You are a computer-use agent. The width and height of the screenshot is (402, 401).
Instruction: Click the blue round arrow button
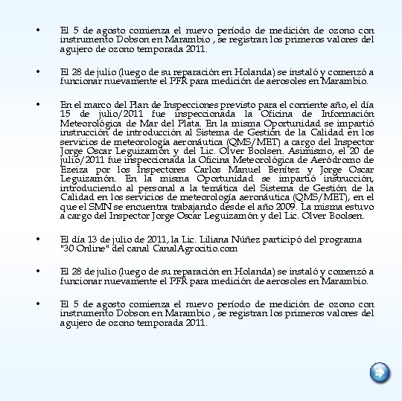point(379,371)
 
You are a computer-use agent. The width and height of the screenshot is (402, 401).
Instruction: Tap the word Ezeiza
point(74,170)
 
